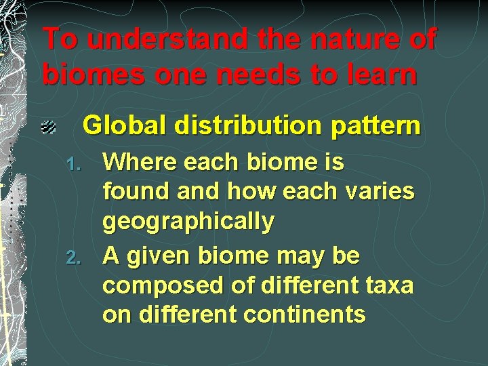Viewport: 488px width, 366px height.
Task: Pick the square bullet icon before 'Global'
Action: tap(47, 127)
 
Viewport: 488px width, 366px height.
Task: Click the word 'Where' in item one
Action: tap(139, 163)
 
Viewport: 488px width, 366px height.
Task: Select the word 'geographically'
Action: tap(188, 222)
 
